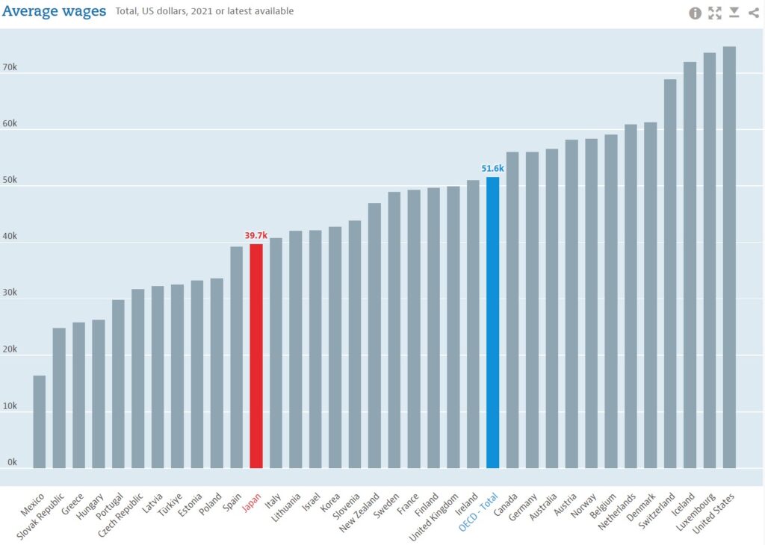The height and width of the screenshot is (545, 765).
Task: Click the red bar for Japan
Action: (x=256, y=356)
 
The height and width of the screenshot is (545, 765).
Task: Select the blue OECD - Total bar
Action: (x=492, y=323)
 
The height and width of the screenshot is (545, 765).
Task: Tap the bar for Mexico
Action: (x=40, y=422)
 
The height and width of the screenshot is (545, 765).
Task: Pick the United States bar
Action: (x=729, y=258)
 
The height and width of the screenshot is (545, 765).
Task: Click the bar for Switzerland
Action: (x=670, y=274)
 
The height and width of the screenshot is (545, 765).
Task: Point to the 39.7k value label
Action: (x=256, y=236)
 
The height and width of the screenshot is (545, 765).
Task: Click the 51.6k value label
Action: (x=492, y=169)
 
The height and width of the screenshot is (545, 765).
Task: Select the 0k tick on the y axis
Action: (x=13, y=462)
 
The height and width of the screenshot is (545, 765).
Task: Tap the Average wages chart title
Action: (x=54, y=11)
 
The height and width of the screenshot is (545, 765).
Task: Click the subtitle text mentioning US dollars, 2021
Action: (x=205, y=11)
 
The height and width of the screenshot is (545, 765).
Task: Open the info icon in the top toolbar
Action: (x=695, y=13)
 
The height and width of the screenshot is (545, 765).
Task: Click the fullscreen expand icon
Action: (x=715, y=13)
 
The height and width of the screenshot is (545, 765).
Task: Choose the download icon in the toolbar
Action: (x=734, y=12)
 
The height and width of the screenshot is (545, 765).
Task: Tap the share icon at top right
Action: (x=753, y=13)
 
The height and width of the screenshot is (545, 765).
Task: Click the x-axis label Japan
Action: (x=251, y=503)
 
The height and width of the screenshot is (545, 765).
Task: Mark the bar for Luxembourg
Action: (x=710, y=261)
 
